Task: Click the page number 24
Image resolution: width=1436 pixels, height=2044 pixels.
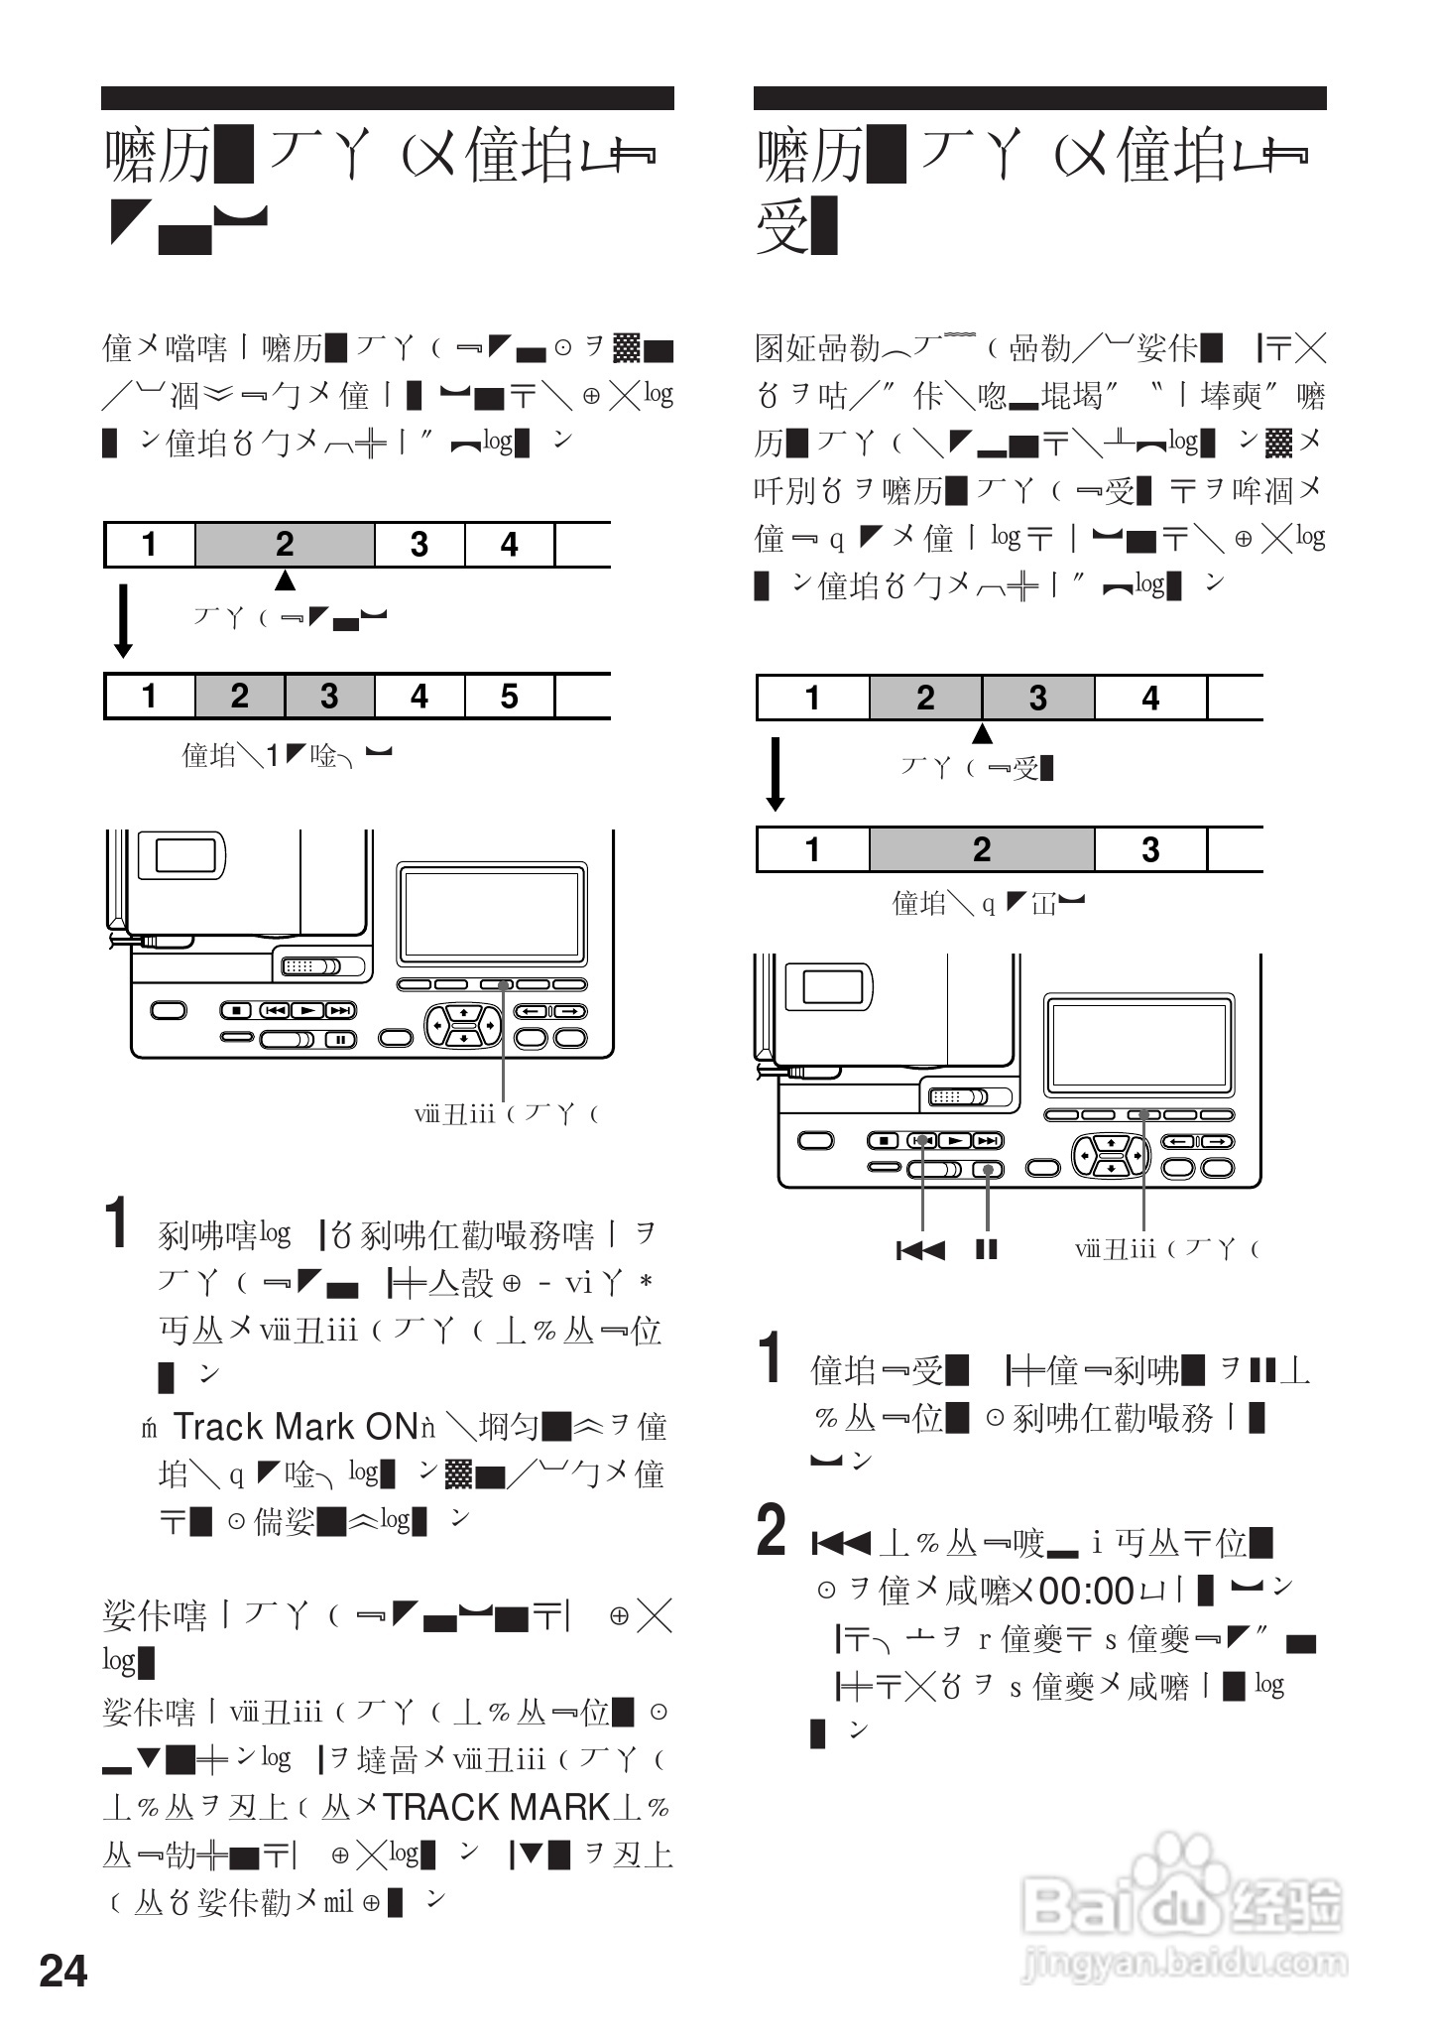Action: [x=63, y=1971]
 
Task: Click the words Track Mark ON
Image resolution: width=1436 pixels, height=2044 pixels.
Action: [x=295, y=1427]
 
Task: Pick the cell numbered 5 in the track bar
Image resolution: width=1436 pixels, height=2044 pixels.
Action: [x=509, y=697]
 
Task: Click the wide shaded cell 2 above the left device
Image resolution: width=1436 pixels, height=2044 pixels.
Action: [x=285, y=545]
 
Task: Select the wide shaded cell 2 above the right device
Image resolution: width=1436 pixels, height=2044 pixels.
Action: [x=982, y=849]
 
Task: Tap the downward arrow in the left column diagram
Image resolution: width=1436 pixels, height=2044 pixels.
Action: [x=123, y=621]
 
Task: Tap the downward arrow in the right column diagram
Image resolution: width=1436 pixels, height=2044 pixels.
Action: [x=776, y=774]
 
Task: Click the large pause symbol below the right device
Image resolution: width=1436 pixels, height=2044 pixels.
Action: [x=987, y=1249]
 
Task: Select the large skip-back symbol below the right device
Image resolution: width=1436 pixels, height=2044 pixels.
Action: [x=921, y=1249]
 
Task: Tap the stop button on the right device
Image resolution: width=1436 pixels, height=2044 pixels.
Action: [x=886, y=1141]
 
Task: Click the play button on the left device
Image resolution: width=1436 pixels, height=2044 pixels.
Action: [x=308, y=1010]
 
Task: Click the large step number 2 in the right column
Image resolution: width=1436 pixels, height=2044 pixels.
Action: [x=772, y=1530]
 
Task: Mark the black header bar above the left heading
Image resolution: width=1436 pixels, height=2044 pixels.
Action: [x=387, y=98]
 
